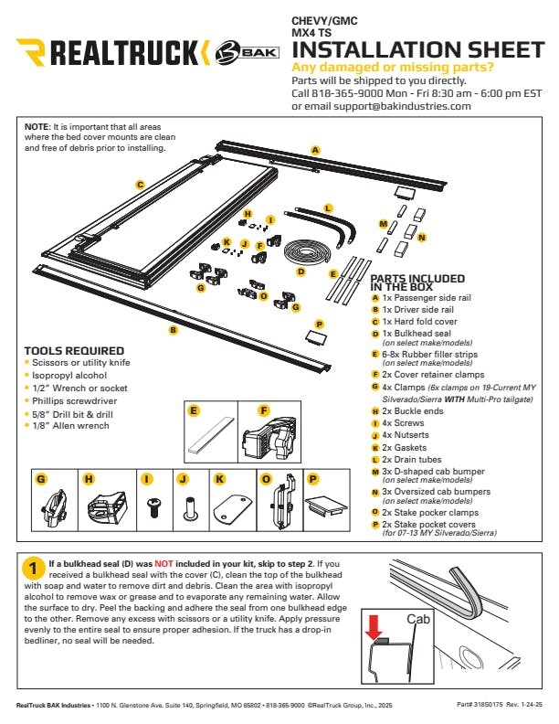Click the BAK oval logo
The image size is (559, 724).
(248, 52)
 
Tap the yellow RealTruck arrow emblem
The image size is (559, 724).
(31, 52)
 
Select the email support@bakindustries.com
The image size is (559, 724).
(402, 106)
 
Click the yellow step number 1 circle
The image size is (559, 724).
(33, 569)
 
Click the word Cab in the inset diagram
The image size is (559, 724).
(417, 619)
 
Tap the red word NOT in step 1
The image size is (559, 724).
(163, 564)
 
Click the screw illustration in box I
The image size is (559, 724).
(153, 507)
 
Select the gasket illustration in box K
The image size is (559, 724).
(232, 509)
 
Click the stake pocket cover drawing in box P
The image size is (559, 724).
(325, 506)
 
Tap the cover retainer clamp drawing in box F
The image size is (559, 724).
(269, 437)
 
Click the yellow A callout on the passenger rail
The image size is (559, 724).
(315, 150)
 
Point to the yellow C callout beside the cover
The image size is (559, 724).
(140, 186)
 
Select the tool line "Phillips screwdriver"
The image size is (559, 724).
(74, 400)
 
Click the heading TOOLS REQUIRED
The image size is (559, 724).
(74, 351)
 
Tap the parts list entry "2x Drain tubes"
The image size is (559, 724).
(411, 460)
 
